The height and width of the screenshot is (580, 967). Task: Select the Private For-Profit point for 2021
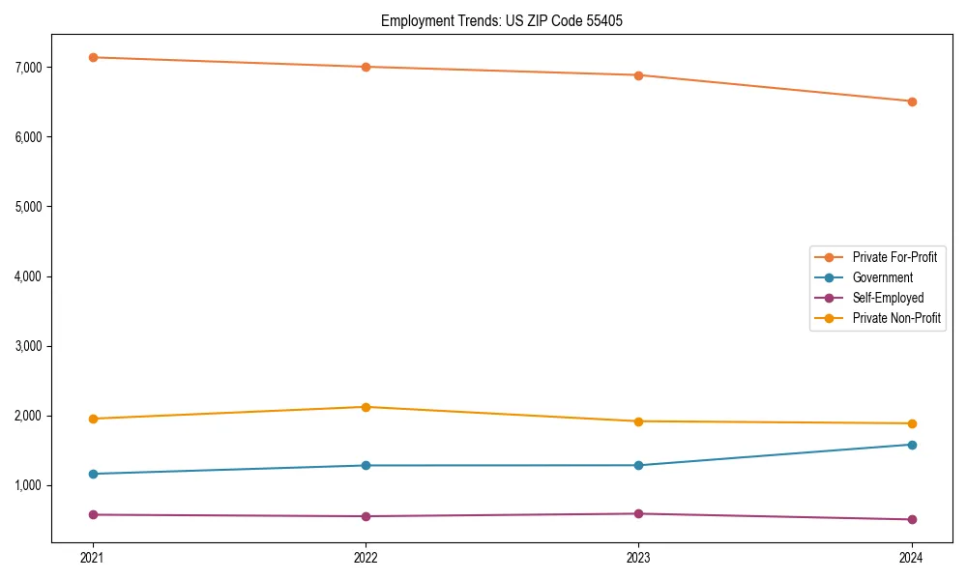click(x=93, y=57)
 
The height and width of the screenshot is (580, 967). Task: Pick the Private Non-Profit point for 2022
click(x=366, y=407)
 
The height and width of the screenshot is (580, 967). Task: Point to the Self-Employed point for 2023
click(x=638, y=513)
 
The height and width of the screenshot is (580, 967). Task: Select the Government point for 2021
click(x=93, y=474)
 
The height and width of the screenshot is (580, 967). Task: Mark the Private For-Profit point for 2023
click(x=638, y=75)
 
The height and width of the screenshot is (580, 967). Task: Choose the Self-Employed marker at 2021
click(x=93, y=514)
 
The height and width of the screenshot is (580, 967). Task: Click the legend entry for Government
click(x=882, y=277)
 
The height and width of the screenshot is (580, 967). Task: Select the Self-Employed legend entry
click(x=888, y=298)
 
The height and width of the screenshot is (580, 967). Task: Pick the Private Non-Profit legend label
click(x=896, y=318)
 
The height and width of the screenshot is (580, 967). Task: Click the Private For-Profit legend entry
click(x=894, y=257)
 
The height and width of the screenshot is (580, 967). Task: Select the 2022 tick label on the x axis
click(x=366, y=557)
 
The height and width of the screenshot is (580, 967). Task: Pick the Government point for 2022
click(x=366, y=465)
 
